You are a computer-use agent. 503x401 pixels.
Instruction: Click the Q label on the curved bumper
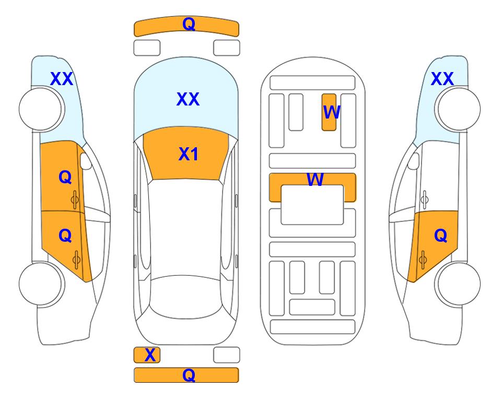point(189,24)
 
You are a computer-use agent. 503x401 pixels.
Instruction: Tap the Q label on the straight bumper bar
point(189,375)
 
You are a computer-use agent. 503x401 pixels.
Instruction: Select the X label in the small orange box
point(150,355)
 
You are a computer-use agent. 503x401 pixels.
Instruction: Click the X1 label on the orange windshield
point(189,154)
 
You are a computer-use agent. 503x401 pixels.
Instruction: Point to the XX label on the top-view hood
point(188,99)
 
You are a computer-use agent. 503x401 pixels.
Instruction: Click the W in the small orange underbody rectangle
point(331,112)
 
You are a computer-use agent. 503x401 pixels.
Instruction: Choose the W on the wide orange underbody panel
point(314,179)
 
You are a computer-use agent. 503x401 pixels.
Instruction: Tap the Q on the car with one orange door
point(440,236)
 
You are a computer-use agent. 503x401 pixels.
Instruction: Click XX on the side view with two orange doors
point(62,79)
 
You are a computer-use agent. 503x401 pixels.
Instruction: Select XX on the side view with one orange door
point(442,79)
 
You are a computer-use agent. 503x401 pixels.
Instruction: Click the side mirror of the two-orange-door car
point(86,161)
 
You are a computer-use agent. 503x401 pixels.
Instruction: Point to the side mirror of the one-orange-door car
point(413,161)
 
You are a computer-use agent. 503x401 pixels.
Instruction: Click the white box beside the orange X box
point(227,355)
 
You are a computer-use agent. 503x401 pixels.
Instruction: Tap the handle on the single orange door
point(423,260)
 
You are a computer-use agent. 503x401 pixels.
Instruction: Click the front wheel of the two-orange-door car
point(41,109)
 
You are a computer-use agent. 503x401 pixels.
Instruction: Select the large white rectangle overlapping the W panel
point(312,205)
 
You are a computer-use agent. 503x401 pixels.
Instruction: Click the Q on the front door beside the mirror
point(65,177)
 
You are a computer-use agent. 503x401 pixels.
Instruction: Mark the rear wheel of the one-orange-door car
point(458,284)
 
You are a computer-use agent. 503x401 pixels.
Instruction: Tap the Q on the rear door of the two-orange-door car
point(65,236)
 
